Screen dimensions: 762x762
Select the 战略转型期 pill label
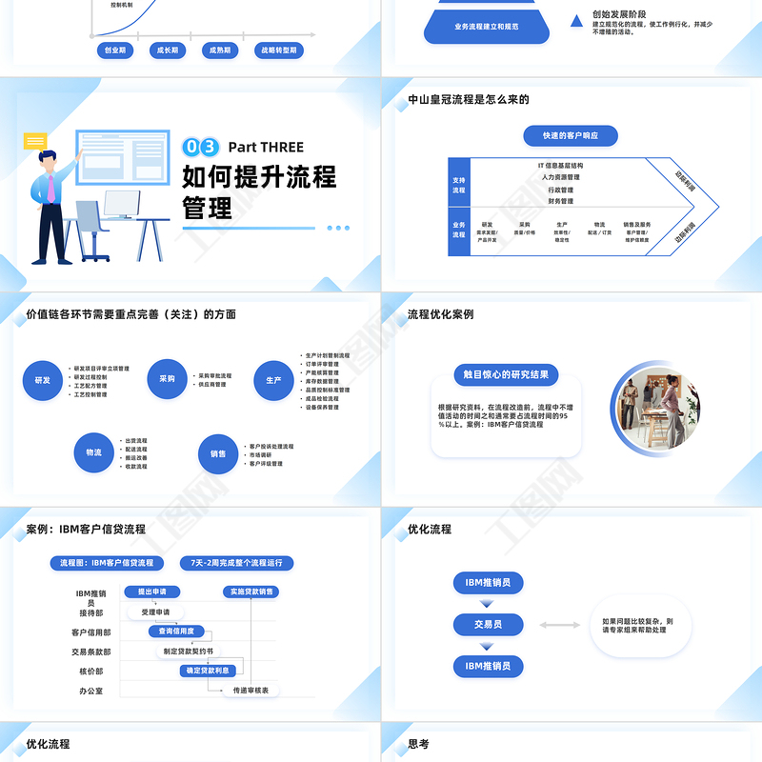pos(277,50)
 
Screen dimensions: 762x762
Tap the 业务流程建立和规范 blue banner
pos(487,28)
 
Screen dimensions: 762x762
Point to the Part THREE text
pos(266,147)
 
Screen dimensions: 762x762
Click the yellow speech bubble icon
pos(35,142)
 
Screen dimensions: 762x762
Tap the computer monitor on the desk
pos(121,204)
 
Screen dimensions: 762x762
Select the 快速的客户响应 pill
pos(571,136)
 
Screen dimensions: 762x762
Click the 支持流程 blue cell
pos(459,184)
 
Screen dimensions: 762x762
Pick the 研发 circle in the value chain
pos(43,379)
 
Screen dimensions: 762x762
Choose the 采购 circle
pos(167,379)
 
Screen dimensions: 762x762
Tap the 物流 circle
pos(93,452)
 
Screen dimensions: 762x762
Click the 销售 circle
pos(218,454)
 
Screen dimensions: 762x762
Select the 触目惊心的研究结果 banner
pos(505,374)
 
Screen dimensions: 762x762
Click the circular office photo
pos(656,407)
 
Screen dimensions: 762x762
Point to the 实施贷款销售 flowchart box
pos(251,592)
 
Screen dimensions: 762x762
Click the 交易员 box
pos(488,625)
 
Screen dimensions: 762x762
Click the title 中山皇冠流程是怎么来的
pos(468,100)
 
